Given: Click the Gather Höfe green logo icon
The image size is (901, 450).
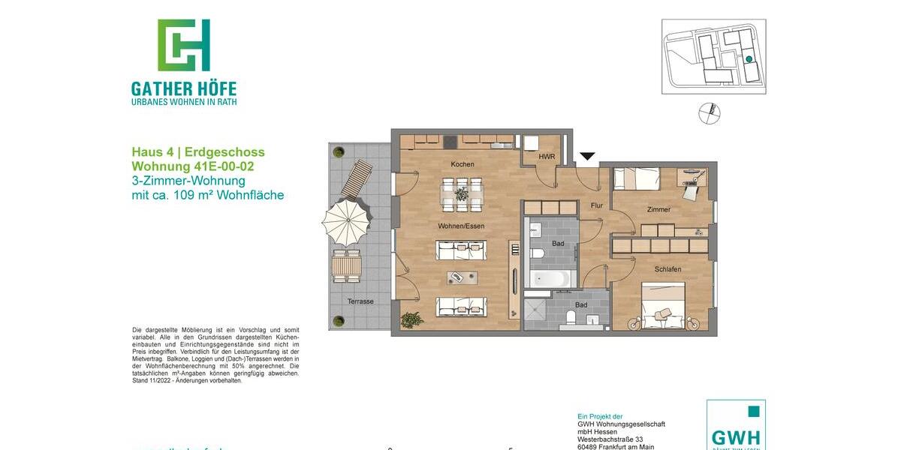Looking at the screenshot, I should point(183,45).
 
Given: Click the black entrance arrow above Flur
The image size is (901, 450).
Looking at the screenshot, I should point(587,157).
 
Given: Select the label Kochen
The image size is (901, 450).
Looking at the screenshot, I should point(463,164).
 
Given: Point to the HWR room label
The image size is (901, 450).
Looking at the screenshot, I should point(546,157).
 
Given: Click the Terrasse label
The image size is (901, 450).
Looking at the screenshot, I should point(360,301).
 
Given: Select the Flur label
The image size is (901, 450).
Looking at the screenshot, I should point(597,204).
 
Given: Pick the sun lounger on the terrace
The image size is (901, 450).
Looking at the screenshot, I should point(357,178).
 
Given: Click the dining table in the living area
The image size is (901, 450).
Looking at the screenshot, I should point(461,193).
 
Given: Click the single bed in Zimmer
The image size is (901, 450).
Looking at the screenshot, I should point(637,178).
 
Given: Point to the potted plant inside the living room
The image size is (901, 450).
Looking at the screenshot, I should point(411,320).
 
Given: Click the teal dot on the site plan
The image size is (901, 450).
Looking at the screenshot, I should point(749,59).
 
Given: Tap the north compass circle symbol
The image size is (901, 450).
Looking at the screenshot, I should point(709,113).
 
